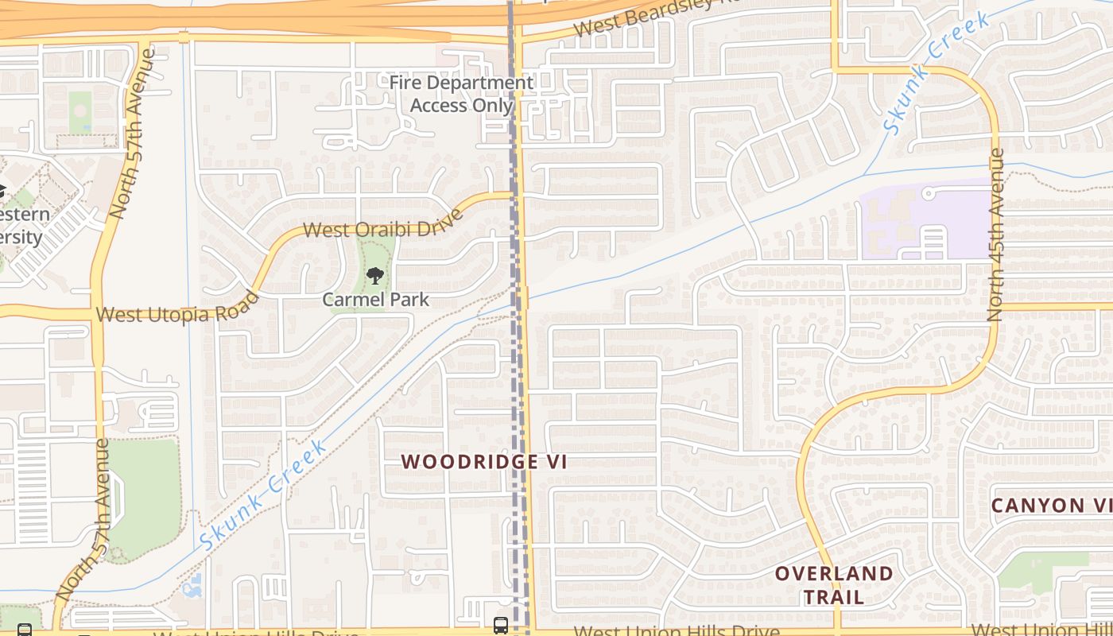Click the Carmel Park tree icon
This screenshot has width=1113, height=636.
pyautogui.click(x=375, y=276)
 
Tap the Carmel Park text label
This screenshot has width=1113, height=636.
pyautogui.click(x=375, y=300)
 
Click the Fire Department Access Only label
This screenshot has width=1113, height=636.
pyautogui.click(x=461, y=94)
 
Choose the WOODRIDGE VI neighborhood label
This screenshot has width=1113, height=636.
pyautogui.click(x=484, y=462)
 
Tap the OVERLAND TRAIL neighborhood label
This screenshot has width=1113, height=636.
pyautogui.click(x=834, y=585)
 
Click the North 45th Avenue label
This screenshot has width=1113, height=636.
pyautogui.click(x=995, y=235)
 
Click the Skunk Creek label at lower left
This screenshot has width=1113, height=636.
pyautogui.click(x=263, y=494)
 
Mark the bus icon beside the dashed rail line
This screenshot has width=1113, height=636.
pyautogui.click(x=500, y=625)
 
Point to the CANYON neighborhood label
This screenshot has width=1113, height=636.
pyautogui.click(x=1049, y=506)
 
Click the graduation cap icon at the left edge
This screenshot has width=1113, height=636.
pyautogui.click(x=2, y=192)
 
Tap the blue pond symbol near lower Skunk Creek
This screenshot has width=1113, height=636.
pyautogui.click(x=192, y=588)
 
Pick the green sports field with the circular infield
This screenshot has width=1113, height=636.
pyautogui.click(x=80, y=113)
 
